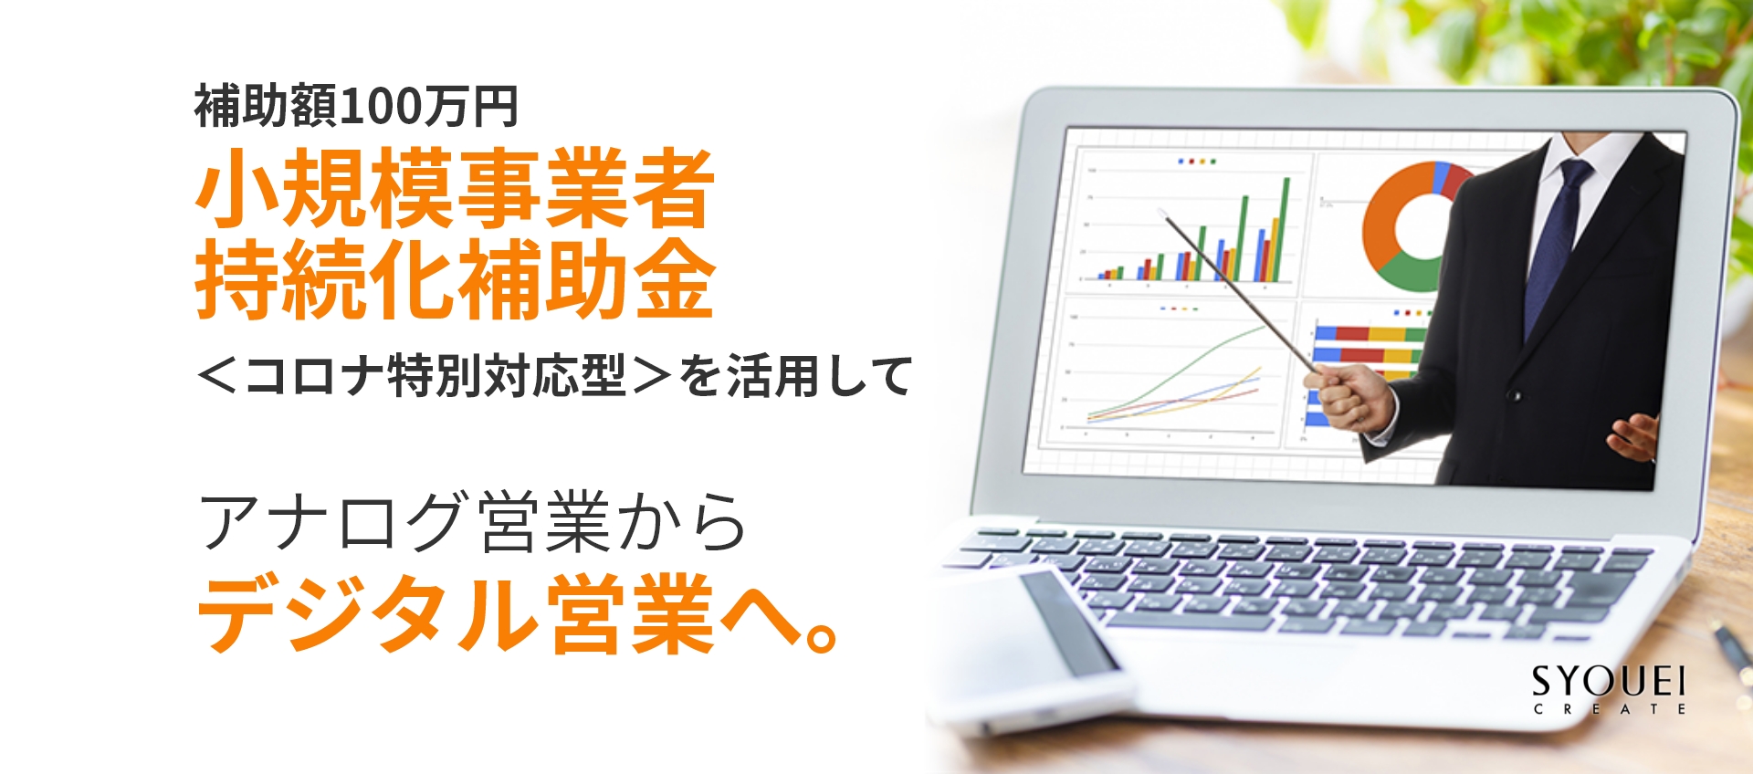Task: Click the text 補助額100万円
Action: click(x=356, y=107)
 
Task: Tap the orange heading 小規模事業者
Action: click(x=455, y=189)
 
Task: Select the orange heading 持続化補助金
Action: click(x=455, y=278)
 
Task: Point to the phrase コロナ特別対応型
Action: click(x=436, y=376)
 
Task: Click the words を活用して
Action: click(x=794, y=376)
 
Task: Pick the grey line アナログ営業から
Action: click(x=472, y=521)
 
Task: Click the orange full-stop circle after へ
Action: click(x=822, y=636)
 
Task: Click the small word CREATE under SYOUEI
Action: click(x=1609, y=709)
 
